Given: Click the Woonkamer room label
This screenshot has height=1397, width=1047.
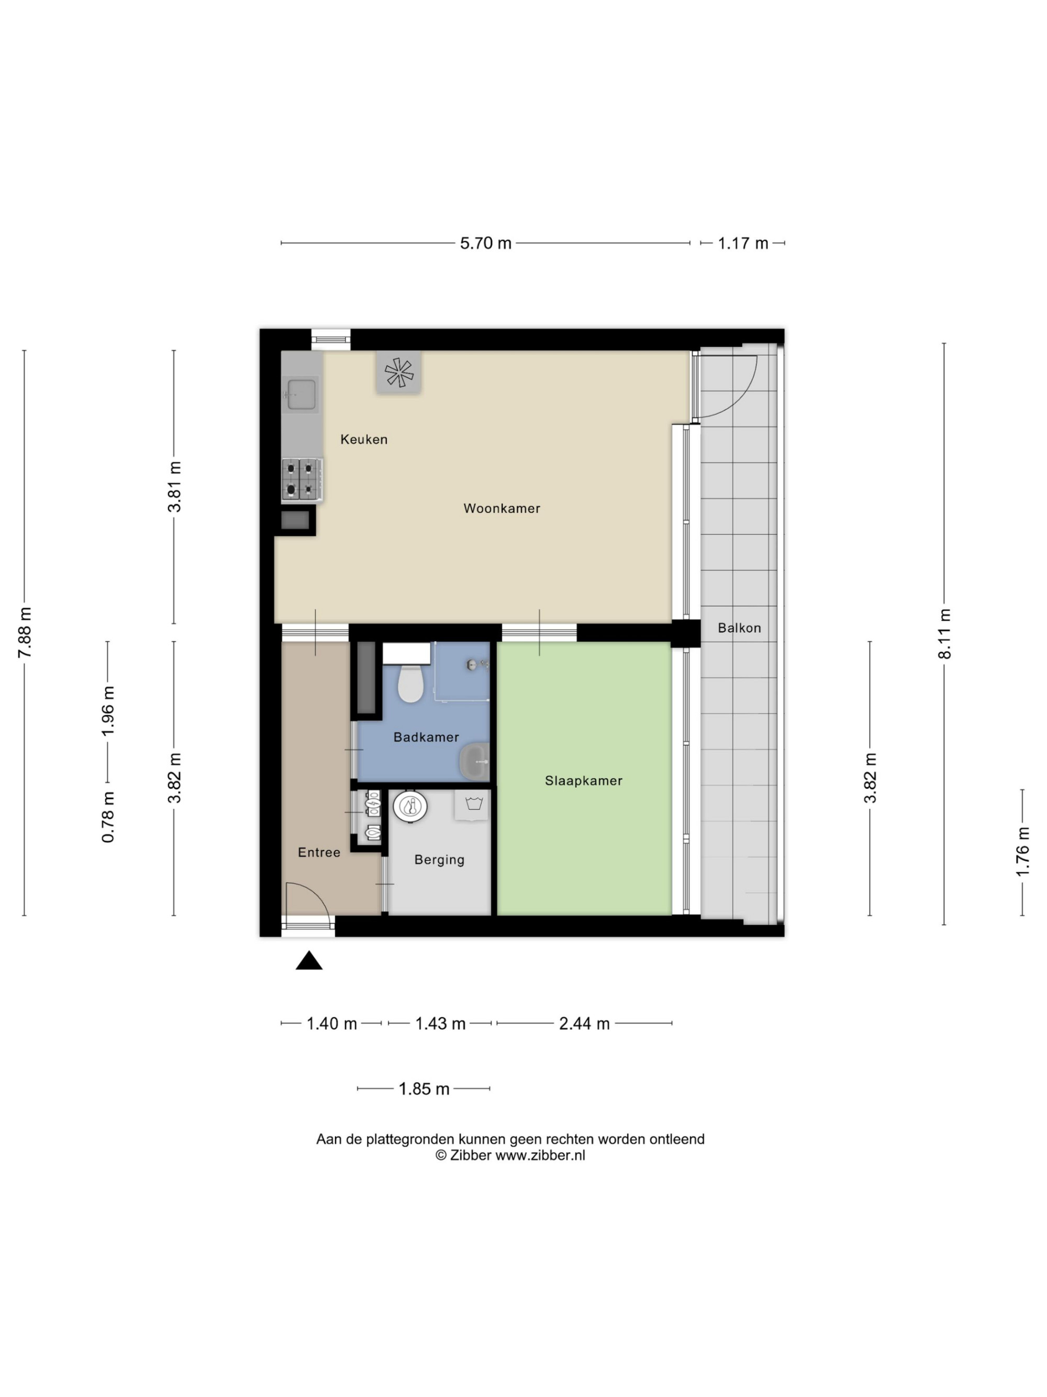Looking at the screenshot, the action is (502, 509).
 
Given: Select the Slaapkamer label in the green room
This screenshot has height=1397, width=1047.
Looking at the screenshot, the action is (584, 781).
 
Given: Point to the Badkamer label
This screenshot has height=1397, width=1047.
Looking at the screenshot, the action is (426, 737).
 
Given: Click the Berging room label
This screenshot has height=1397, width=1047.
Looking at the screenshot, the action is (439, 860).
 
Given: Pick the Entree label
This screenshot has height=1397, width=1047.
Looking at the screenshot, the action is (319, 853).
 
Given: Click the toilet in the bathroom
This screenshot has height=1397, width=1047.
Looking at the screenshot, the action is (410, 681).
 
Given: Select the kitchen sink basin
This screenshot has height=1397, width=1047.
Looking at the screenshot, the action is (302, 393).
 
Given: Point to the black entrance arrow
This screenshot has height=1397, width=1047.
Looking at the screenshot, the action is (309, 961).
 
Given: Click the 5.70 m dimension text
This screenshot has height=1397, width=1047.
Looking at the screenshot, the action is (485, 243).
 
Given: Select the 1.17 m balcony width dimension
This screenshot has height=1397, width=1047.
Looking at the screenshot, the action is (743, 243).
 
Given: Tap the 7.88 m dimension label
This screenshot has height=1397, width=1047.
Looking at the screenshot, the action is (25, 633).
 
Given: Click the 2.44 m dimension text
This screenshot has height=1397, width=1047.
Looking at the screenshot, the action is (584, 1024).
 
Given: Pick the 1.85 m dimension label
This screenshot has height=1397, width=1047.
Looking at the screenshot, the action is (424, 1089).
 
